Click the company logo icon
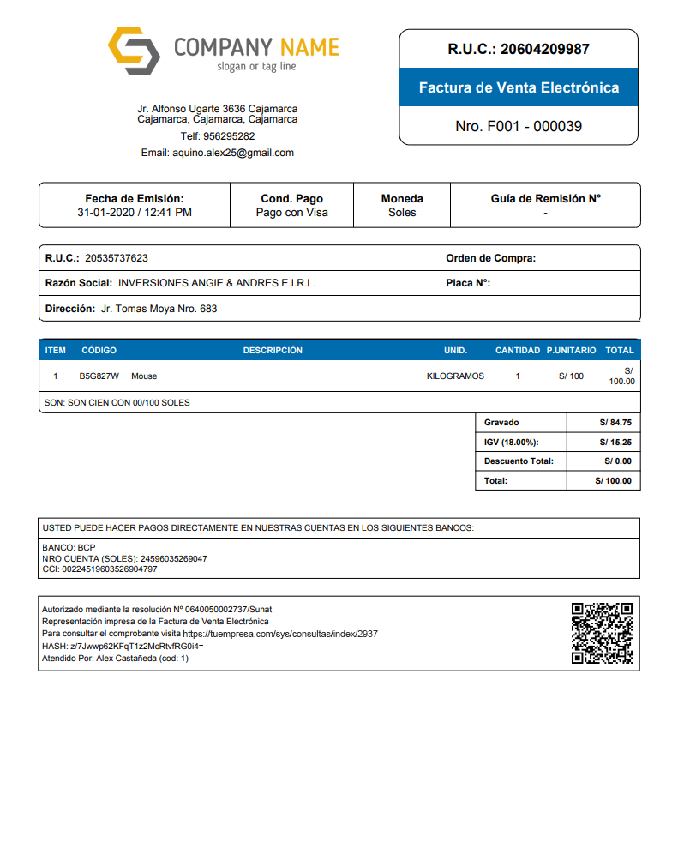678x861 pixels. (134, 51)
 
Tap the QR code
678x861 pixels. (602, 633)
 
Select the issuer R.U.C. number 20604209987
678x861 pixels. (544, 49)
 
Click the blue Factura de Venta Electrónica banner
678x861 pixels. (519, 87)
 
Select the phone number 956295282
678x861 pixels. (229, 136)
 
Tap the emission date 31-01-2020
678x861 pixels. (105, 213)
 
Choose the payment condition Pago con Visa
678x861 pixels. (291, 213)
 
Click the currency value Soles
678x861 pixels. (401, 213)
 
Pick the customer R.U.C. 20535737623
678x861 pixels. (117, 258)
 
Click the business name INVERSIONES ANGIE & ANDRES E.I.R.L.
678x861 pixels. (217, 283)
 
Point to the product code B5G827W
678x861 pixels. (99, 376)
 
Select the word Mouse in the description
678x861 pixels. (144, 376)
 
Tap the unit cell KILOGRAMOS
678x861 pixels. (455, 376)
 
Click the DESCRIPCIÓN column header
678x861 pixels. (273, 350)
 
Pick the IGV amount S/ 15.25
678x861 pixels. (615, 443)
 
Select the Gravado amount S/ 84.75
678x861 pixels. (615, 423)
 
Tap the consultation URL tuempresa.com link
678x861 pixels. (280, 634)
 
